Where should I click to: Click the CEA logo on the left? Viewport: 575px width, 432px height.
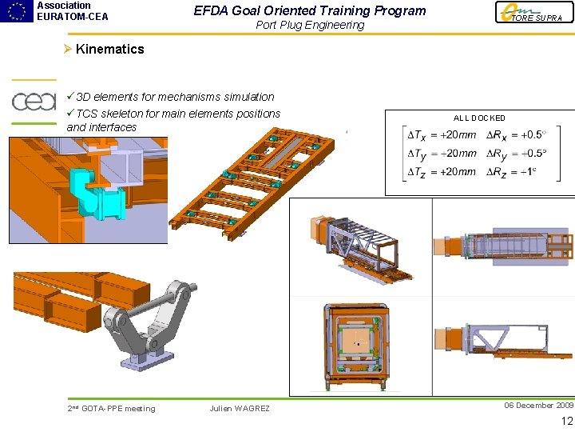(34, 102)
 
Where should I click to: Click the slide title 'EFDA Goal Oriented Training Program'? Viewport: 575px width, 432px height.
(310, 10)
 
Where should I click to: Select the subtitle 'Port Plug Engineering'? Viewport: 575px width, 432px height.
(310, 25)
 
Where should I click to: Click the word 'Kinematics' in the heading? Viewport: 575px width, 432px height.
(109, 49)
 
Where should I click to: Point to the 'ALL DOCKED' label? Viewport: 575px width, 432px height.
(479, 118)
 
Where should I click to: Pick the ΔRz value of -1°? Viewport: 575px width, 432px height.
(525, 171)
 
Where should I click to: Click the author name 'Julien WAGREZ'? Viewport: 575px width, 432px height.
(240, 409)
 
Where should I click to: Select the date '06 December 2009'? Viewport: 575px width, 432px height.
(538, 405)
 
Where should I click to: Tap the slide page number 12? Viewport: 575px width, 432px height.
(567, 422)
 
